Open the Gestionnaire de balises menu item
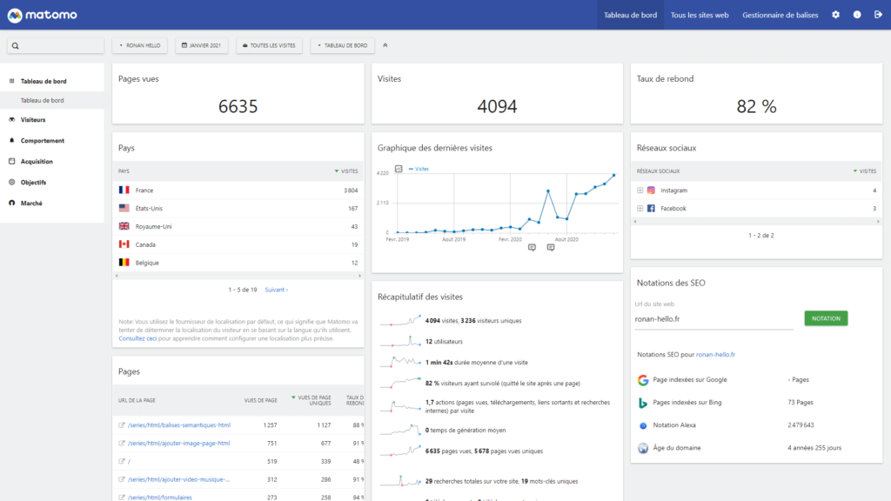coord(780,15)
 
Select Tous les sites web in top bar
coord(699,15)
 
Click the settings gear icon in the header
coord(835,15)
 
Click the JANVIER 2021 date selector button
coord(201,45)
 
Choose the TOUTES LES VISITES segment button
coord(269,45)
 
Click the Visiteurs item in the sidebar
coord(33,120)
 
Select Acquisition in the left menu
coord(37,162)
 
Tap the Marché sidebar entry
coord(31,204)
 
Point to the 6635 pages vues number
coord(238,106)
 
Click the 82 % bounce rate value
coord(756,106)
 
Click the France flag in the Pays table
coord(124,190)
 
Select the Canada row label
coord(145,244)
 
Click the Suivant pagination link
coord(276,290)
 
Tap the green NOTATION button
coord(825,318)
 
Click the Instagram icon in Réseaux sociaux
coord(651,190)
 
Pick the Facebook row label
coord(673,209)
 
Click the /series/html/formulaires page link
coord(159,498)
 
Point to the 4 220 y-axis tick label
coord(382,173)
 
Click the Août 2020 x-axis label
coord(566,238)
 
